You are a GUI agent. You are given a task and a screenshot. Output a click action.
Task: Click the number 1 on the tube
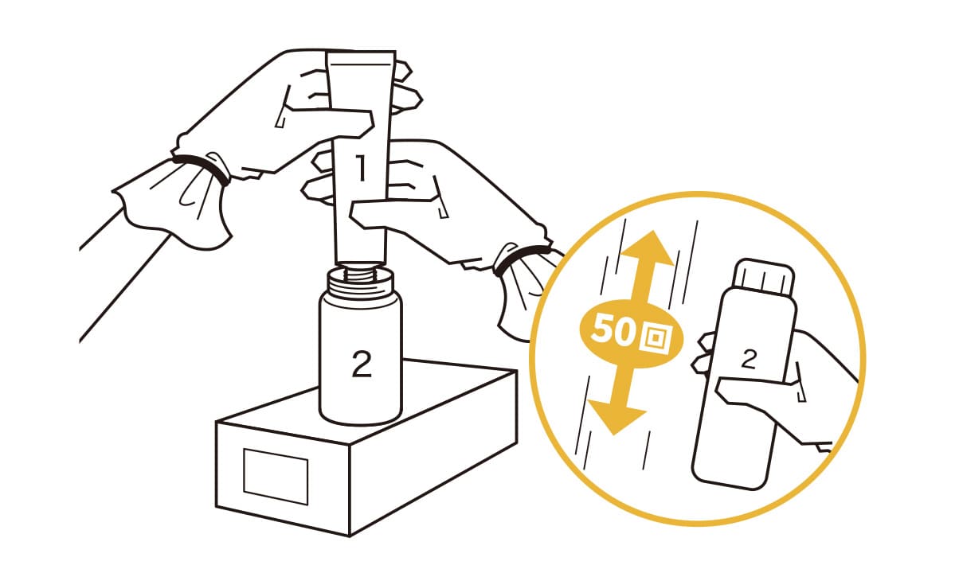pos(362,168)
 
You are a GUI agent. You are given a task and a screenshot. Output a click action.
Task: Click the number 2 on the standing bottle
pos(362,364)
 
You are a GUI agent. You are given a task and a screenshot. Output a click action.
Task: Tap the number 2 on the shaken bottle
pos(748,359)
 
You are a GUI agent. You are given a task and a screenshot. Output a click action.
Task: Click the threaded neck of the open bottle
pos(361,280)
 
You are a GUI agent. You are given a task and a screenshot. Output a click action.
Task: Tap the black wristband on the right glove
pos(520,257)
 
